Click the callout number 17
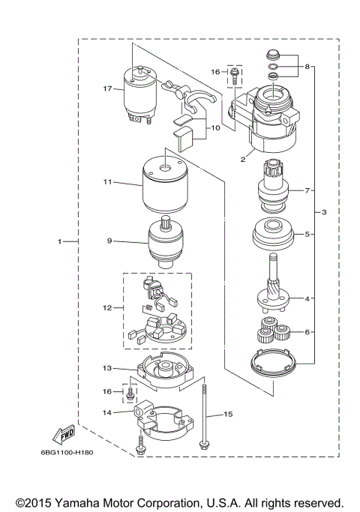point(108,88)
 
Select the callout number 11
point(108,181)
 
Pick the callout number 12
point(108,307)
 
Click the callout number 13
point(108,368)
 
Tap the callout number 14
point(108,413)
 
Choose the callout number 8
point(307,67)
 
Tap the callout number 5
point(307,234)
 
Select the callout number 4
point(307,298)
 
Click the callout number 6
point(307,331)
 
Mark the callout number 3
point(325,213)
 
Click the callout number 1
point(58,241)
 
